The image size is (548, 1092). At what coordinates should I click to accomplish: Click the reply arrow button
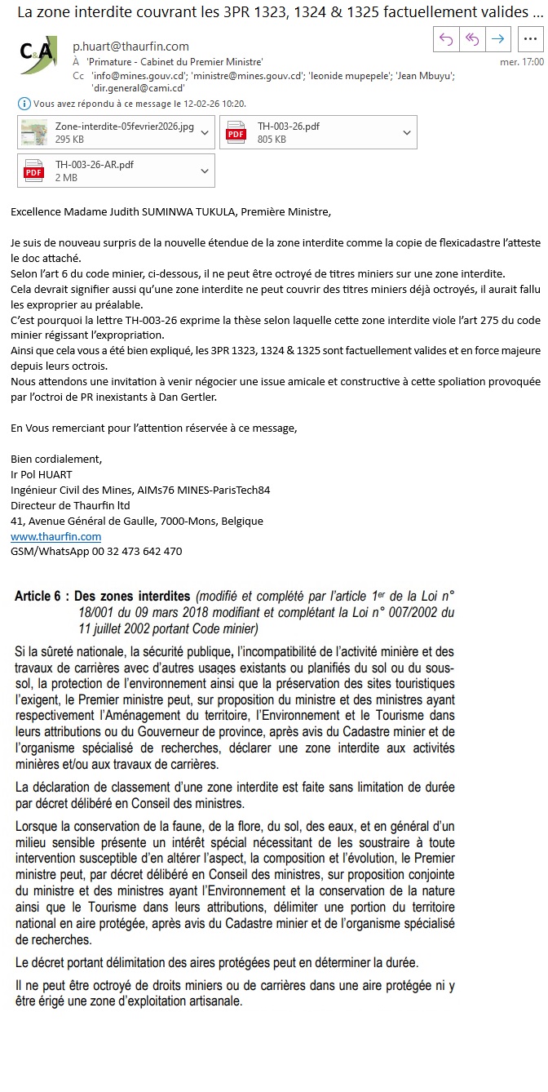pyautogui.click(x=445, y=38)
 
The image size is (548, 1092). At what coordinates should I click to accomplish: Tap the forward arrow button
pyautogui.click(x=498, y=38)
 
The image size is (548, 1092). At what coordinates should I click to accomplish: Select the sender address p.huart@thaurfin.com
pyautogui.click(x=130, y=47)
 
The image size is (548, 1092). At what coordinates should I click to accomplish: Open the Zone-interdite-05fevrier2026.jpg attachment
pyautogui.click(x=124, y=127)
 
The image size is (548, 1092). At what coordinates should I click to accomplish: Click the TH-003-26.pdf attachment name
pyautogui.click(x=288, y=127)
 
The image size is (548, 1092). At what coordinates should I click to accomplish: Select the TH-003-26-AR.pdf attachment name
pyautogui.click(x=94, y=165)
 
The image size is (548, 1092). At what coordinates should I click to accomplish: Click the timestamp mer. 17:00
pyautogui.click(x=521, y=61)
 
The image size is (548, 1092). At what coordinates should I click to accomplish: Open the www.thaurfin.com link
pyautogui.click(x=55, y=536)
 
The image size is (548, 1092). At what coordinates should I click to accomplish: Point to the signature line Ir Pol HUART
pyautogui.click(x=42, y=474)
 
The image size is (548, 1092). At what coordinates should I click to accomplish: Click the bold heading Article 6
pyautogui.click(x=38, y=597)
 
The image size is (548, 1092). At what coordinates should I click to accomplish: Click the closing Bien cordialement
pyautogui.click(x=56, y=459)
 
